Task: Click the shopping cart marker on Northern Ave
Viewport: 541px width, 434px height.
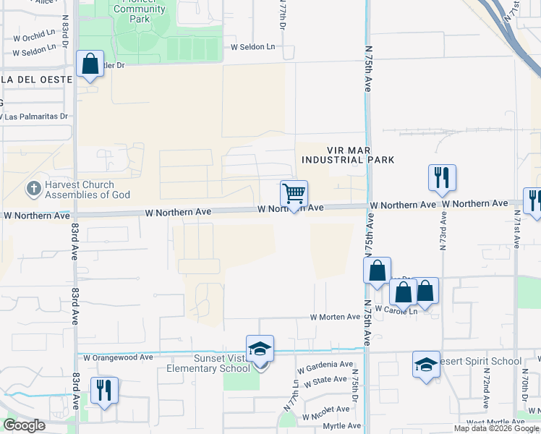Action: (294, 194)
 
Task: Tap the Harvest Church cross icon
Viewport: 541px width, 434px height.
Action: (32, 189)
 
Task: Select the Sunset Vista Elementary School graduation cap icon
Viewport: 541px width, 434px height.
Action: (260, 349)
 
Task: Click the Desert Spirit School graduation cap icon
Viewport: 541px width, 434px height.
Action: (426, 365)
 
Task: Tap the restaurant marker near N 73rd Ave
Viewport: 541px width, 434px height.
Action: (442, 178)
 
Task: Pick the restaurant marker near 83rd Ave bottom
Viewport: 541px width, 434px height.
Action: (104, 391)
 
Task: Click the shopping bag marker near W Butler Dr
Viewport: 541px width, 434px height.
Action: (90, 65)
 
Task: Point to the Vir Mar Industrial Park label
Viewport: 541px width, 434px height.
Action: (348, 153)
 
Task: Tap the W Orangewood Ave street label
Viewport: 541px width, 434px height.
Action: (118, 357)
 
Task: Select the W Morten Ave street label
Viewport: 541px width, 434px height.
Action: (335, 317)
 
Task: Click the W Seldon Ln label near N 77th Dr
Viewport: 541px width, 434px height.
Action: (253, 47)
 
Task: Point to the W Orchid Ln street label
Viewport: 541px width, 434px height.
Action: (29, 34)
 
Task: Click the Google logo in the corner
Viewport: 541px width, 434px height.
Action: (24, 425)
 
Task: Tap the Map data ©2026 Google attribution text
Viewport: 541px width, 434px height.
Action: (496, 428)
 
